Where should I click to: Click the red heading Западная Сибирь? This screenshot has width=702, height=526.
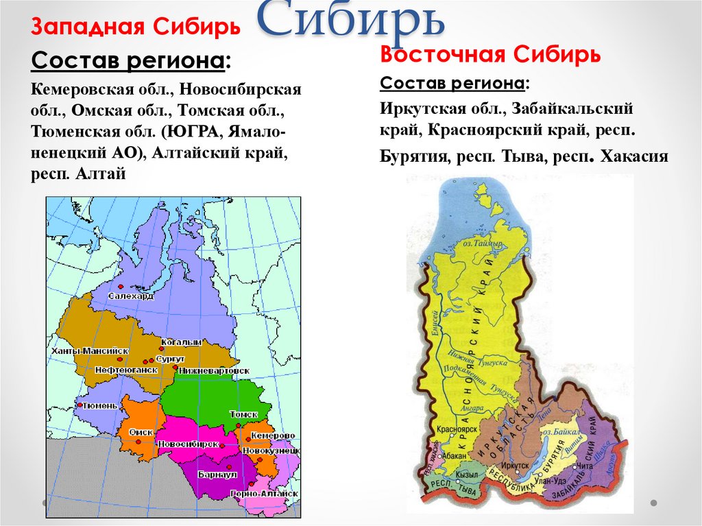(x=135, y=27)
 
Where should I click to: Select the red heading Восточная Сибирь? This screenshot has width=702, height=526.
(x=491, y=53)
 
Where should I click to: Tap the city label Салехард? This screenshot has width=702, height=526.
(x=130, y=296)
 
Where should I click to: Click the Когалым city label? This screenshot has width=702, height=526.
(x=181, y=342)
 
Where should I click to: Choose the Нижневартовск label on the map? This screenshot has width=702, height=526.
(x=215, y=370)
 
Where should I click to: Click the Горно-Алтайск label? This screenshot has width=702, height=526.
(x=265, y=493)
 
